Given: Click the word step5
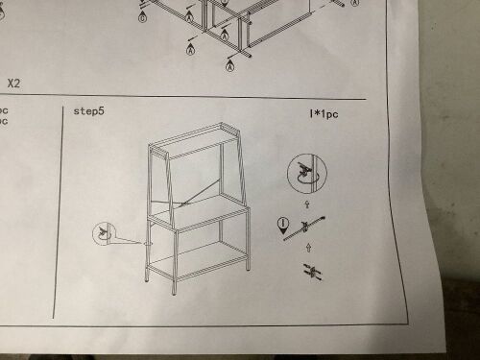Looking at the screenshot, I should coord(90,111).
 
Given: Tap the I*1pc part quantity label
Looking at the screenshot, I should coord(323,114).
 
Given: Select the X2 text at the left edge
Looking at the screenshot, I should coord(14,84).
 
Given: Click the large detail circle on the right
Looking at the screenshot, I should coord(307,175).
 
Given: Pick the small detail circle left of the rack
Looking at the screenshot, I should coord(103,232).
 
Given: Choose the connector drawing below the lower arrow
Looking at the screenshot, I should coord(309,273).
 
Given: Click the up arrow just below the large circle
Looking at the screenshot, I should coord(307,204).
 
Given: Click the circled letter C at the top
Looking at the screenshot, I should coord(143,18).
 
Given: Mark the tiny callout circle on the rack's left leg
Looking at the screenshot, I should coord(146,243).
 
